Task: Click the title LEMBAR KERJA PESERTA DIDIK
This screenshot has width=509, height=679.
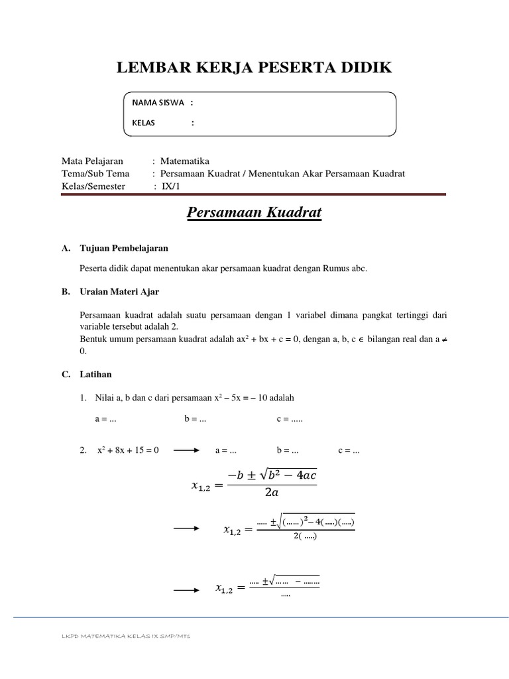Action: pyautogui.click(x=254, y=68)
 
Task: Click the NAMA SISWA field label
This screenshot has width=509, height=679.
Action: pyautogui.click(x=158, y=103)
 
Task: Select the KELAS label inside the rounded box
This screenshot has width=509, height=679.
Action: pyautogui.click(x=142, y=123)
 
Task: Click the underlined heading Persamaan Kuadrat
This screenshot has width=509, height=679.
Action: pyautogui.click(x=254, y=213)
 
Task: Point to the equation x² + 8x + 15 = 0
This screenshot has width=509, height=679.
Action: pyautogui.click(x=128, y=451)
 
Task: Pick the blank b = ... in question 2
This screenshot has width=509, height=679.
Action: pyautogui.click(x=287, y=451)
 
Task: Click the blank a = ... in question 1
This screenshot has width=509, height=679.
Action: pyautogui.click(x=106, y=420)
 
